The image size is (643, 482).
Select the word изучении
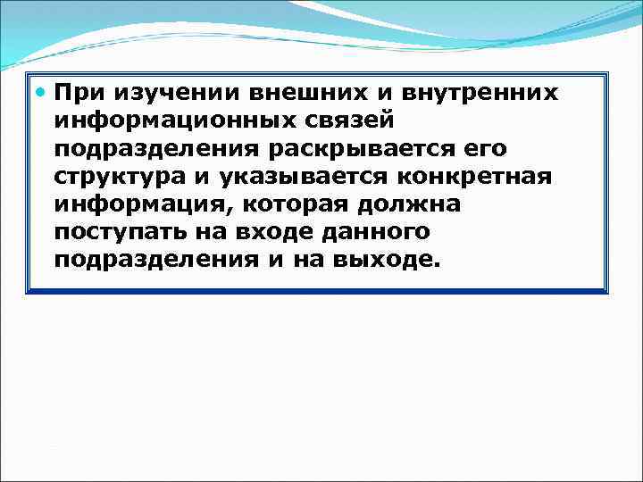(163, 92)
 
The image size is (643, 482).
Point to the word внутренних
(481, 92)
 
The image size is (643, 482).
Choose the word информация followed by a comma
(138, 204)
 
